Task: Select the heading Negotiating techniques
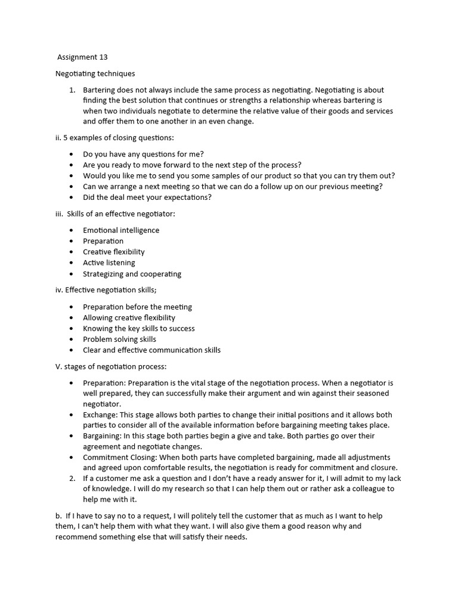[95, 73]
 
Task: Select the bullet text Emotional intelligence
[121, 230]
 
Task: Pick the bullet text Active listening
[109, 263]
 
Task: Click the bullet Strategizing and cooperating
[132, 274]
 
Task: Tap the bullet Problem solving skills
[119, 339]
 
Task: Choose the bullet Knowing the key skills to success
[138, 328]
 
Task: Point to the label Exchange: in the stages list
[100, 415]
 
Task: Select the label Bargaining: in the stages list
[101, 436]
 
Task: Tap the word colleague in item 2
[365, 489]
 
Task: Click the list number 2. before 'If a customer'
[72, 478]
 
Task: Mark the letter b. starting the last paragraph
[58, 516]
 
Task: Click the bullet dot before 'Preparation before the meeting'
[72, 307]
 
